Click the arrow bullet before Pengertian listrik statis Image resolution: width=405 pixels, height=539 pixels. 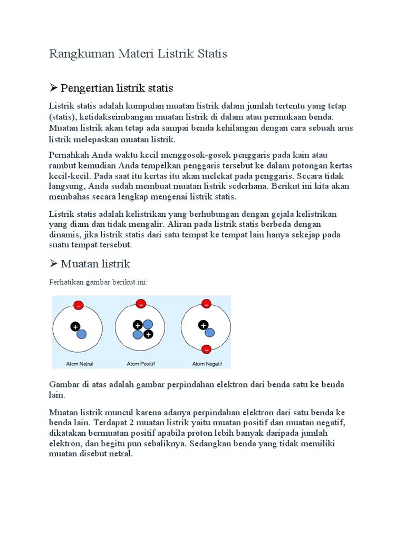[x=53, y=87]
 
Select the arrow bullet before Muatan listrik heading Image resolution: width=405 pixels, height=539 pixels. [x=53, y=263]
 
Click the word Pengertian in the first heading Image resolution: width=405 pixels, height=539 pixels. [x=87, y=87]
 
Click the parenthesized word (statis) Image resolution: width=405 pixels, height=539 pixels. [x=62, y=117]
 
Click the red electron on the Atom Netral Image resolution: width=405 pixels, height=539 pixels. [x=79, y=305]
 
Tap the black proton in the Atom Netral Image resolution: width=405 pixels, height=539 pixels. [x=75, y=327]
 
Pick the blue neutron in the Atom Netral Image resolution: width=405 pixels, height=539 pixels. [x=81, y=334]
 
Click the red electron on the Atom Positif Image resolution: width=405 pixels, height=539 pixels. [x=141, y=303]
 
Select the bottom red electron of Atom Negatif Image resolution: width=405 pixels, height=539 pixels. [x=206, y=349]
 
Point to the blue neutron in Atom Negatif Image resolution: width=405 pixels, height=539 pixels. [x=210, y=332]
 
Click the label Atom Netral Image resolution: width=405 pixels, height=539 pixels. [x=80, y=364]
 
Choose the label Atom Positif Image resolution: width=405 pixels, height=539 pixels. [x=141, y=364]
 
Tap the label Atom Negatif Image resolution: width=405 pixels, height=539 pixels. [x=207, y=364]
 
